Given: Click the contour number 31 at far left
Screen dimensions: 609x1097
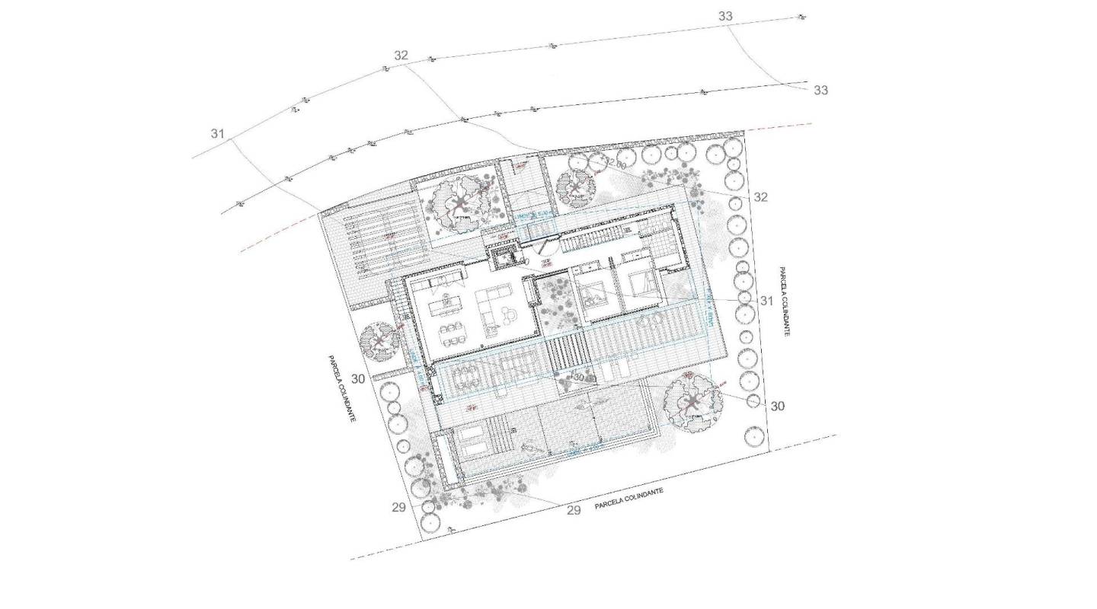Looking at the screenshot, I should pyautogui.click(x=218, y=134).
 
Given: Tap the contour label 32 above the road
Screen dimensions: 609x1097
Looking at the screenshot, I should pyautogui.click(x=401, y=56).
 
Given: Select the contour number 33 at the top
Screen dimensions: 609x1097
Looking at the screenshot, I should pyautogui.click(x=725, y=16).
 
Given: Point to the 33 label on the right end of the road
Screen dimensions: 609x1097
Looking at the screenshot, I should pyautogui.click(x=820, y=90).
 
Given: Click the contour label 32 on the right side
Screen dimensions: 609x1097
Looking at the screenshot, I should pyautogui.click(x=760, y=197).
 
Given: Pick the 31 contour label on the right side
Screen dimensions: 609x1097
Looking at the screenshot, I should pyautogui.click(x=766, y=301).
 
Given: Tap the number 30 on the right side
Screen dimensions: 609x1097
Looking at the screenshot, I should pyautogui.click(x=777, y=406).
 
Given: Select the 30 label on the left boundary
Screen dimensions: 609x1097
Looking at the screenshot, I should pyautogui.click(x=358, y=378).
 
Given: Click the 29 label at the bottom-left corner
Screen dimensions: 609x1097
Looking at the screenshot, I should pyautogui.click(x=398, y=508).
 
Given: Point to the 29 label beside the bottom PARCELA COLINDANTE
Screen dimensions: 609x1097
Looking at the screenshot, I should pyautogui.click(x=574, y=510).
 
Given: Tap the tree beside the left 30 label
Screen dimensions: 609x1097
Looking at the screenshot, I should pyautogui.click(x=379, y=342).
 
